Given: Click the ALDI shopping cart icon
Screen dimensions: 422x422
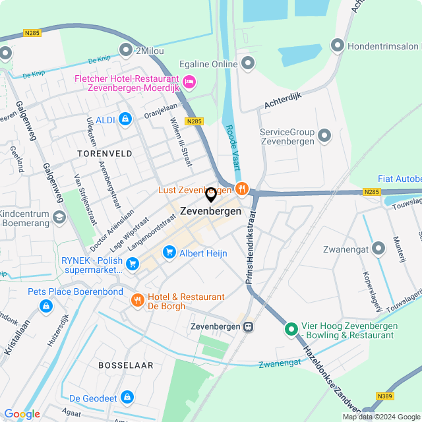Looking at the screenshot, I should click(x=125, y=119).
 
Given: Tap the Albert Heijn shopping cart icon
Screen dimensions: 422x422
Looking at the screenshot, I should click(x=169, y=252).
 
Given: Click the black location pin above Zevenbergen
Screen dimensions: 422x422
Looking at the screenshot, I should click(x=211, y=195).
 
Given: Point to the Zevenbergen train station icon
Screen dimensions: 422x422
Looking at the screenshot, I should click(x=249, y=326).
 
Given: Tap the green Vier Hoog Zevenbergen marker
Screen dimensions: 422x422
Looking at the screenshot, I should click(x=291, y=328).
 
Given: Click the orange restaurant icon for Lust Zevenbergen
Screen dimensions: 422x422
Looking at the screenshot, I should click(x=241, y=189).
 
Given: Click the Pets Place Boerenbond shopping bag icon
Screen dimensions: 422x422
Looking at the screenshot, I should click(x=45, y=305).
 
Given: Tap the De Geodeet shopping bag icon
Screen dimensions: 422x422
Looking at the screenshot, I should click(x=127, y=398).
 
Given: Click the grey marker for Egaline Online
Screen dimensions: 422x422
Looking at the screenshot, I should click(x=248, y=63).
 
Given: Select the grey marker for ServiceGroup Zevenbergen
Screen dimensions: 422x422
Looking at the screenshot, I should click(x=324, y=136).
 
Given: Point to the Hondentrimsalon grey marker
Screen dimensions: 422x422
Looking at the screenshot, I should click(x=338, y=45).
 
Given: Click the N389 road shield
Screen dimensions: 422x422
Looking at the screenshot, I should click(x=386, y=396).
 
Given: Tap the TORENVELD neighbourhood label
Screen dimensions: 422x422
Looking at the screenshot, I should click(x=104, y=153).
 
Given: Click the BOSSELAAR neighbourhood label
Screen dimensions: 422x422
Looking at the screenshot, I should click(x=125, y=365).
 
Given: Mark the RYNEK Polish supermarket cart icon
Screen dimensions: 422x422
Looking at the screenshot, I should click(x=133, y=264).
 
